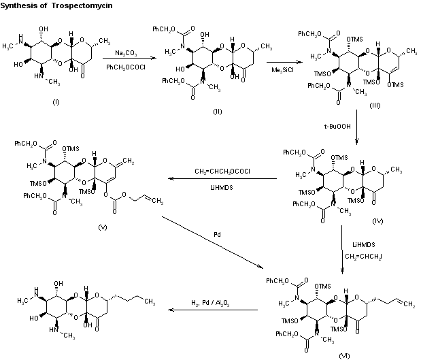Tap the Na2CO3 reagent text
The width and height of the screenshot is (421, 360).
tap(123, 52)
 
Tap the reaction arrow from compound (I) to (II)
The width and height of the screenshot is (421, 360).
tap(125, 59)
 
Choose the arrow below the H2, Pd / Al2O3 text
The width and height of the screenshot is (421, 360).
tap(213, 310)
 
